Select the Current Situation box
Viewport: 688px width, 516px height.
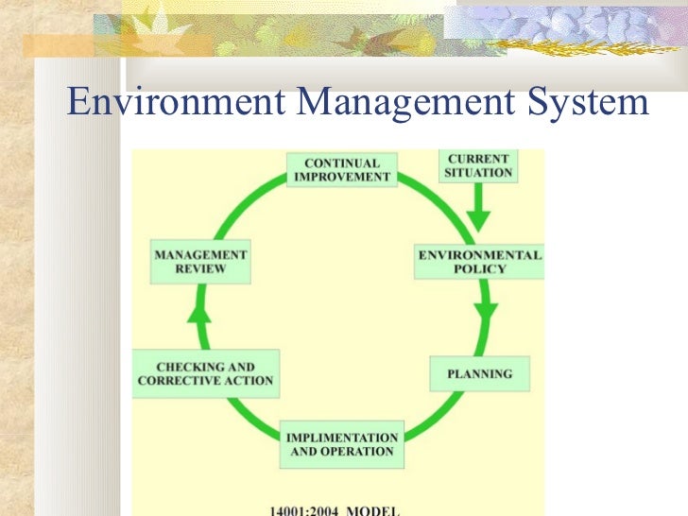[478, 166]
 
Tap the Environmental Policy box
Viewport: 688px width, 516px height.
[480, 262]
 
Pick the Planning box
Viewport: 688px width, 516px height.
[480, 374]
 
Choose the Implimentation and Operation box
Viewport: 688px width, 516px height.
[342, 445]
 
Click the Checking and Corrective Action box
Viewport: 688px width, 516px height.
[206, 373]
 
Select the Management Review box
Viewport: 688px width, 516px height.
[201, 262]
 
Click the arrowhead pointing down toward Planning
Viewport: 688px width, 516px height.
[487, 313]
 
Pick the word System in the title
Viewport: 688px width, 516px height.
[589, 102]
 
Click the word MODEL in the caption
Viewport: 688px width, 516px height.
[375, 508]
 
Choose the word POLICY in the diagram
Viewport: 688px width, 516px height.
[480, 269]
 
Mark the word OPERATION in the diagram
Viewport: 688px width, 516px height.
[356, 452]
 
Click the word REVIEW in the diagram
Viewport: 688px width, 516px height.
[201, 269]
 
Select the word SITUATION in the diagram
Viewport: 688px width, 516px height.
[478, 174]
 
